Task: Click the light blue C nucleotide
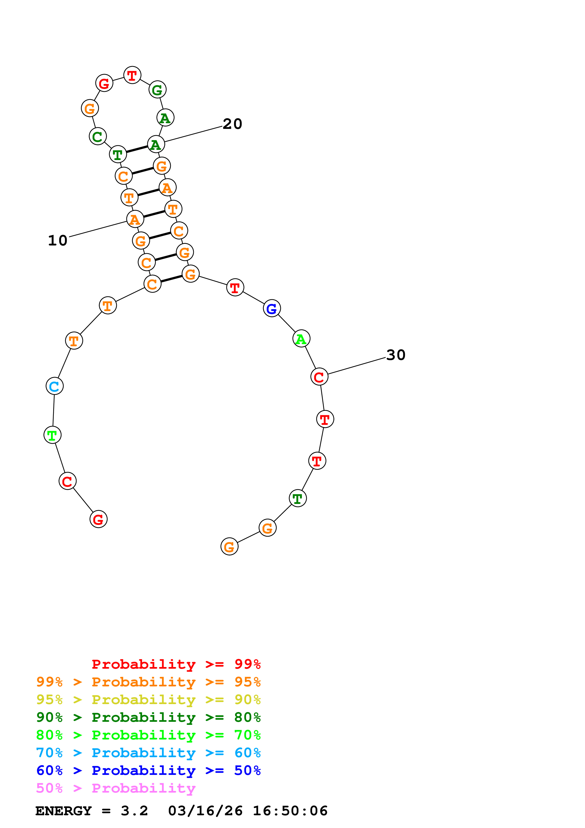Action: pyautogui.click(x=55, y=386)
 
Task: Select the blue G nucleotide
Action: pyautogui.click(x=272, y=308)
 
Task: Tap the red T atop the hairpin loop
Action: pyautogui.click(x=132, y=75)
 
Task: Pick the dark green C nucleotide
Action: pyautogui.click(x=98, y=136)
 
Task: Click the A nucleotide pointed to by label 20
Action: pyautogui.click(x=156, y=145)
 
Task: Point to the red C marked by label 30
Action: pyautogui.click(x=319, y=377)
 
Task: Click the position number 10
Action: pyautogui.click(x=58, y=240)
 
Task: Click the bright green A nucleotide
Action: pyautogui.click(x=301, y=339)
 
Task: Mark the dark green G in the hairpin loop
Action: pyautogui.click(x=157, y=89)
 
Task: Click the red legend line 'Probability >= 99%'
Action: pyautogui.click(x=176, y=664)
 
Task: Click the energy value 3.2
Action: pyautogui.click(x=135, y=811)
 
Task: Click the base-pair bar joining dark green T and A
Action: pyautogui.click(x=137, y=149)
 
